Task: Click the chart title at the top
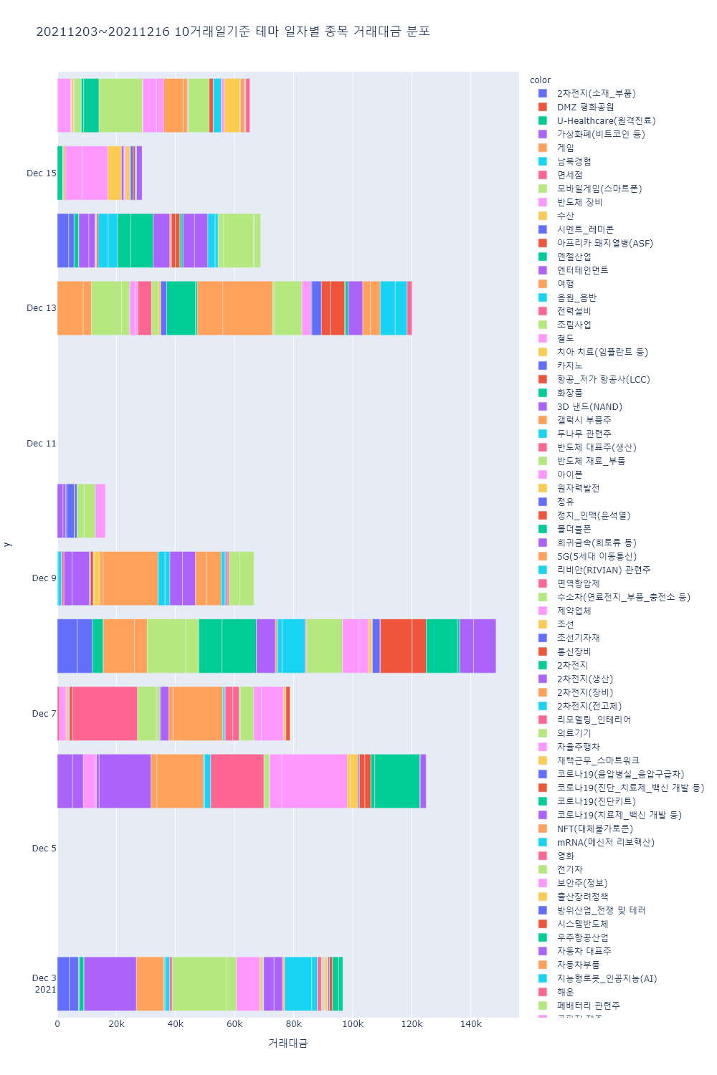click(233, 32)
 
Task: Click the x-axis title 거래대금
click(288, 1043)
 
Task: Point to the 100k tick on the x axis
click(353, 1024)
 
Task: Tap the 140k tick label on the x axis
click(471, 1024)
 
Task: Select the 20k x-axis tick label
click(116, 1024)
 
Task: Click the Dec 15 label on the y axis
click(41, 173)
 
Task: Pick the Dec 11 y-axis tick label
click(41, 444)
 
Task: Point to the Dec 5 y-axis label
click(44, 849)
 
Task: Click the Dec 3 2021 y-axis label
click(44, 983)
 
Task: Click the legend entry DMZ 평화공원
click(585, 107)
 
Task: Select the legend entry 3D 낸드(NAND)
click(589, 407)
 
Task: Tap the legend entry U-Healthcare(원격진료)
click(606, 121)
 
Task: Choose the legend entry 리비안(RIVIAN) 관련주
click(604, 570)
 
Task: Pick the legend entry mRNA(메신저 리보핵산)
click(605, 843)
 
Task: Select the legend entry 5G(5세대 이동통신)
click(597, 557)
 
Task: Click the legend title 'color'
click(540, 80)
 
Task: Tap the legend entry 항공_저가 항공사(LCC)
click(603, 380)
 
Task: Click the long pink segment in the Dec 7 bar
click(105, 714)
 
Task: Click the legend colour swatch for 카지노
click(543, 366)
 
